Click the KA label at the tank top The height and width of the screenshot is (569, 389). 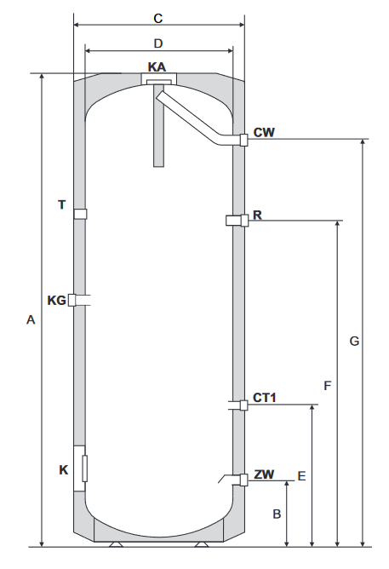click(x=157, y=66)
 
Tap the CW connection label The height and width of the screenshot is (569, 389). click(x=264, y=132)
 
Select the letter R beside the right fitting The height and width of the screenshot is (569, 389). click(x=257, y=216)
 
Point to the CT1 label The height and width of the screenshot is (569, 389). click(x=264, y=398)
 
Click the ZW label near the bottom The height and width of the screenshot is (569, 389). click(x=264, y=474)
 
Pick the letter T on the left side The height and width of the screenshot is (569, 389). click(x=62, y=204)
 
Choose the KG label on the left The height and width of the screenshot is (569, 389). click(x=57, y=301)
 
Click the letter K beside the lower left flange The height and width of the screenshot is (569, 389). click(x=64, y=470)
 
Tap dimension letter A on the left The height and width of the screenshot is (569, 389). click(x=31, y=319)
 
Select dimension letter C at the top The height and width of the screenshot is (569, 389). click(x=158, y=19)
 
